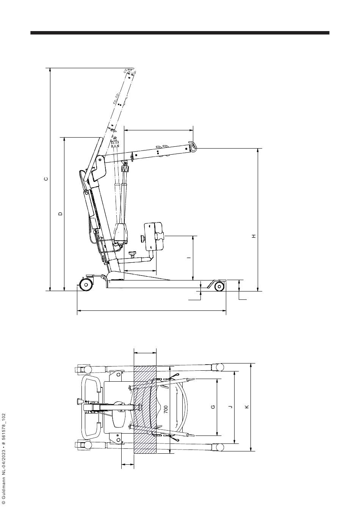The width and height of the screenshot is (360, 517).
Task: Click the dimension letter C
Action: click(46, 179)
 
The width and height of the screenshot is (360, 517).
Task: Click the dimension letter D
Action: click(61, 214)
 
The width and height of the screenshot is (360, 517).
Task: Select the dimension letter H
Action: click(254, 236)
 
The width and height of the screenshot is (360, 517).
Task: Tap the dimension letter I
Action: click(189, 257)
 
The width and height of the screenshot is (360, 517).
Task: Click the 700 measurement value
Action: click(166, 409)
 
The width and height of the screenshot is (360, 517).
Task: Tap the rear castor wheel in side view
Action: click(86, 285)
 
